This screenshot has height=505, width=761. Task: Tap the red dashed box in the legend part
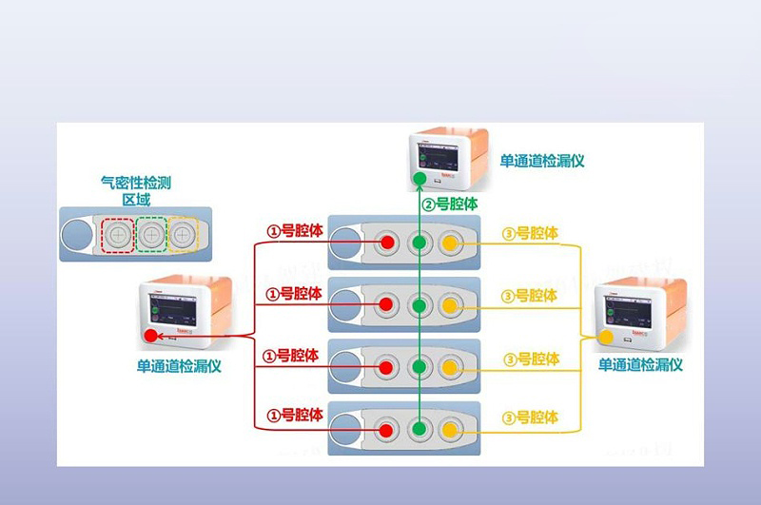point(118,233)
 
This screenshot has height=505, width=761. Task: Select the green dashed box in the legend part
point(151,233)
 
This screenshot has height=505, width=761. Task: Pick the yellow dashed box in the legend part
point(183,233)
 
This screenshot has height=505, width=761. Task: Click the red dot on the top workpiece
point(387,243)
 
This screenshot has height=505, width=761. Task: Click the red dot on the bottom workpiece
point(387,427)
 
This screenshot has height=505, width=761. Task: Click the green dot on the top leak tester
point(420,178)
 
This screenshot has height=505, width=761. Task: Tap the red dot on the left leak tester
point(150,336)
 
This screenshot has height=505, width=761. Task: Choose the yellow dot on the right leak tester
point(605,336)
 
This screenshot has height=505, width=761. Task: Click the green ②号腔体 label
point(450,204)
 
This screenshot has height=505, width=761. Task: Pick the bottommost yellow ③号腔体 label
point(530,416)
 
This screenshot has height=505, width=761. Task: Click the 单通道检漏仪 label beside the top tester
point(542,161)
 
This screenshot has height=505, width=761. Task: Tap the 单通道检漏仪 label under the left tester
point(179,365)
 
